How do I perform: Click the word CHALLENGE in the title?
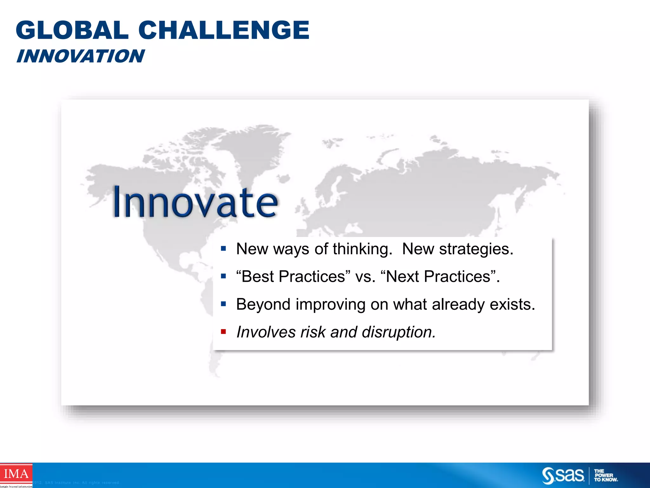224,30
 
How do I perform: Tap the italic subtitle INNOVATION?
81,56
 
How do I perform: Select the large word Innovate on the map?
195,202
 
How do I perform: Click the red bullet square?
223,332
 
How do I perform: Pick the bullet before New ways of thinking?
223,248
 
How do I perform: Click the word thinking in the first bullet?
362,249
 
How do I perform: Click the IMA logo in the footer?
16,474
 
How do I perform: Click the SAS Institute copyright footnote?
76,483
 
